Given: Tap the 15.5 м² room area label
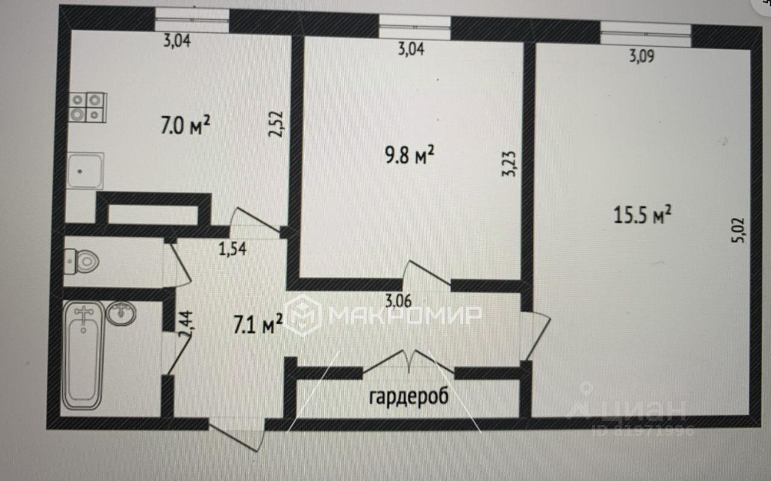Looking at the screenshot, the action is pos(643,215).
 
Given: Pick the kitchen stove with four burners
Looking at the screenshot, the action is pos(87,107).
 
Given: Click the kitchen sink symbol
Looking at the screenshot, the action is pos(85,170).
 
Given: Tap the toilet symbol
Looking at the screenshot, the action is pos(83,261).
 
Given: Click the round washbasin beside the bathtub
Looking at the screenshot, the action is pos(121,313).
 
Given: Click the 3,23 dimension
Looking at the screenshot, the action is pos(509,163).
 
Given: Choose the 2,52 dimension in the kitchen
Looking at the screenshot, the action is pos(277,123).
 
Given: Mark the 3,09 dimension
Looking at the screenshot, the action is pos(641,57).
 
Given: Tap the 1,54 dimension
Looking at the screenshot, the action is pos(233,248).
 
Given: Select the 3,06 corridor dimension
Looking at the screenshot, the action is pos(398,301).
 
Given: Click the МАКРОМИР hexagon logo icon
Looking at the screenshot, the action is pos(303,314).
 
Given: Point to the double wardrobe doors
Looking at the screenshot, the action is pos(409,362).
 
